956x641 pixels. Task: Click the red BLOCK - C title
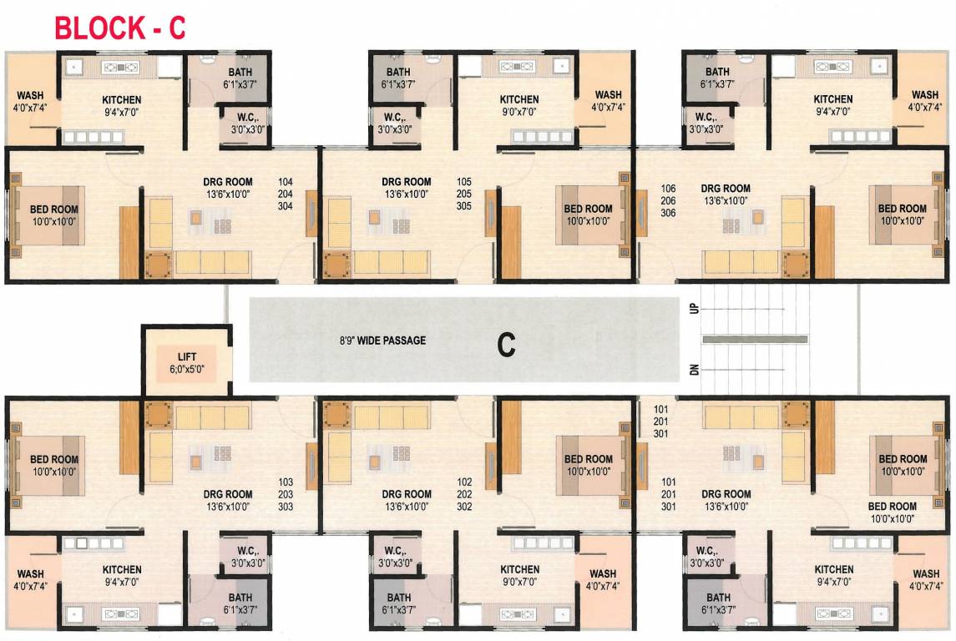click(x=119, y=28)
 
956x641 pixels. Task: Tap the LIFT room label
click(x=186, y=356)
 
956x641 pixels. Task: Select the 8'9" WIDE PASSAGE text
click(x=382, y=341)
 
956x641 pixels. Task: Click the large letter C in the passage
click(x=505, y=344)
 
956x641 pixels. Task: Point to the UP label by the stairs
click(x=694, y=308)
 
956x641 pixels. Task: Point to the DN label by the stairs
click(x=694, y=370)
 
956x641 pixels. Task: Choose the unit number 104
click(x=286, y=181)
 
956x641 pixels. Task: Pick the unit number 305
click(x=464, y=205)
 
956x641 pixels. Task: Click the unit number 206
click(x=668, y=201)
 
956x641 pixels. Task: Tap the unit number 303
click(x=286, y=507)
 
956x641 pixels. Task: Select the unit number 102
click(x=465, y=482)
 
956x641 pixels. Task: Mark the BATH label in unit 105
click(x=398, y=73)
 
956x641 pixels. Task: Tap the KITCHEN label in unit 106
click(x=833, y=99)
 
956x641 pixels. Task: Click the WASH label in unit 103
click(x=31, y=574)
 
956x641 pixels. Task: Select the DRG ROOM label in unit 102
click(x=407, y=494)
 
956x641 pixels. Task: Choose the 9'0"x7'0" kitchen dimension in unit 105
click(x=518, y=111)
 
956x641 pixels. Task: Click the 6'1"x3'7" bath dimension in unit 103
click(x=240, y=609)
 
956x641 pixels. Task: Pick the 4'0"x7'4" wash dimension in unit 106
click(x=925, y=107)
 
